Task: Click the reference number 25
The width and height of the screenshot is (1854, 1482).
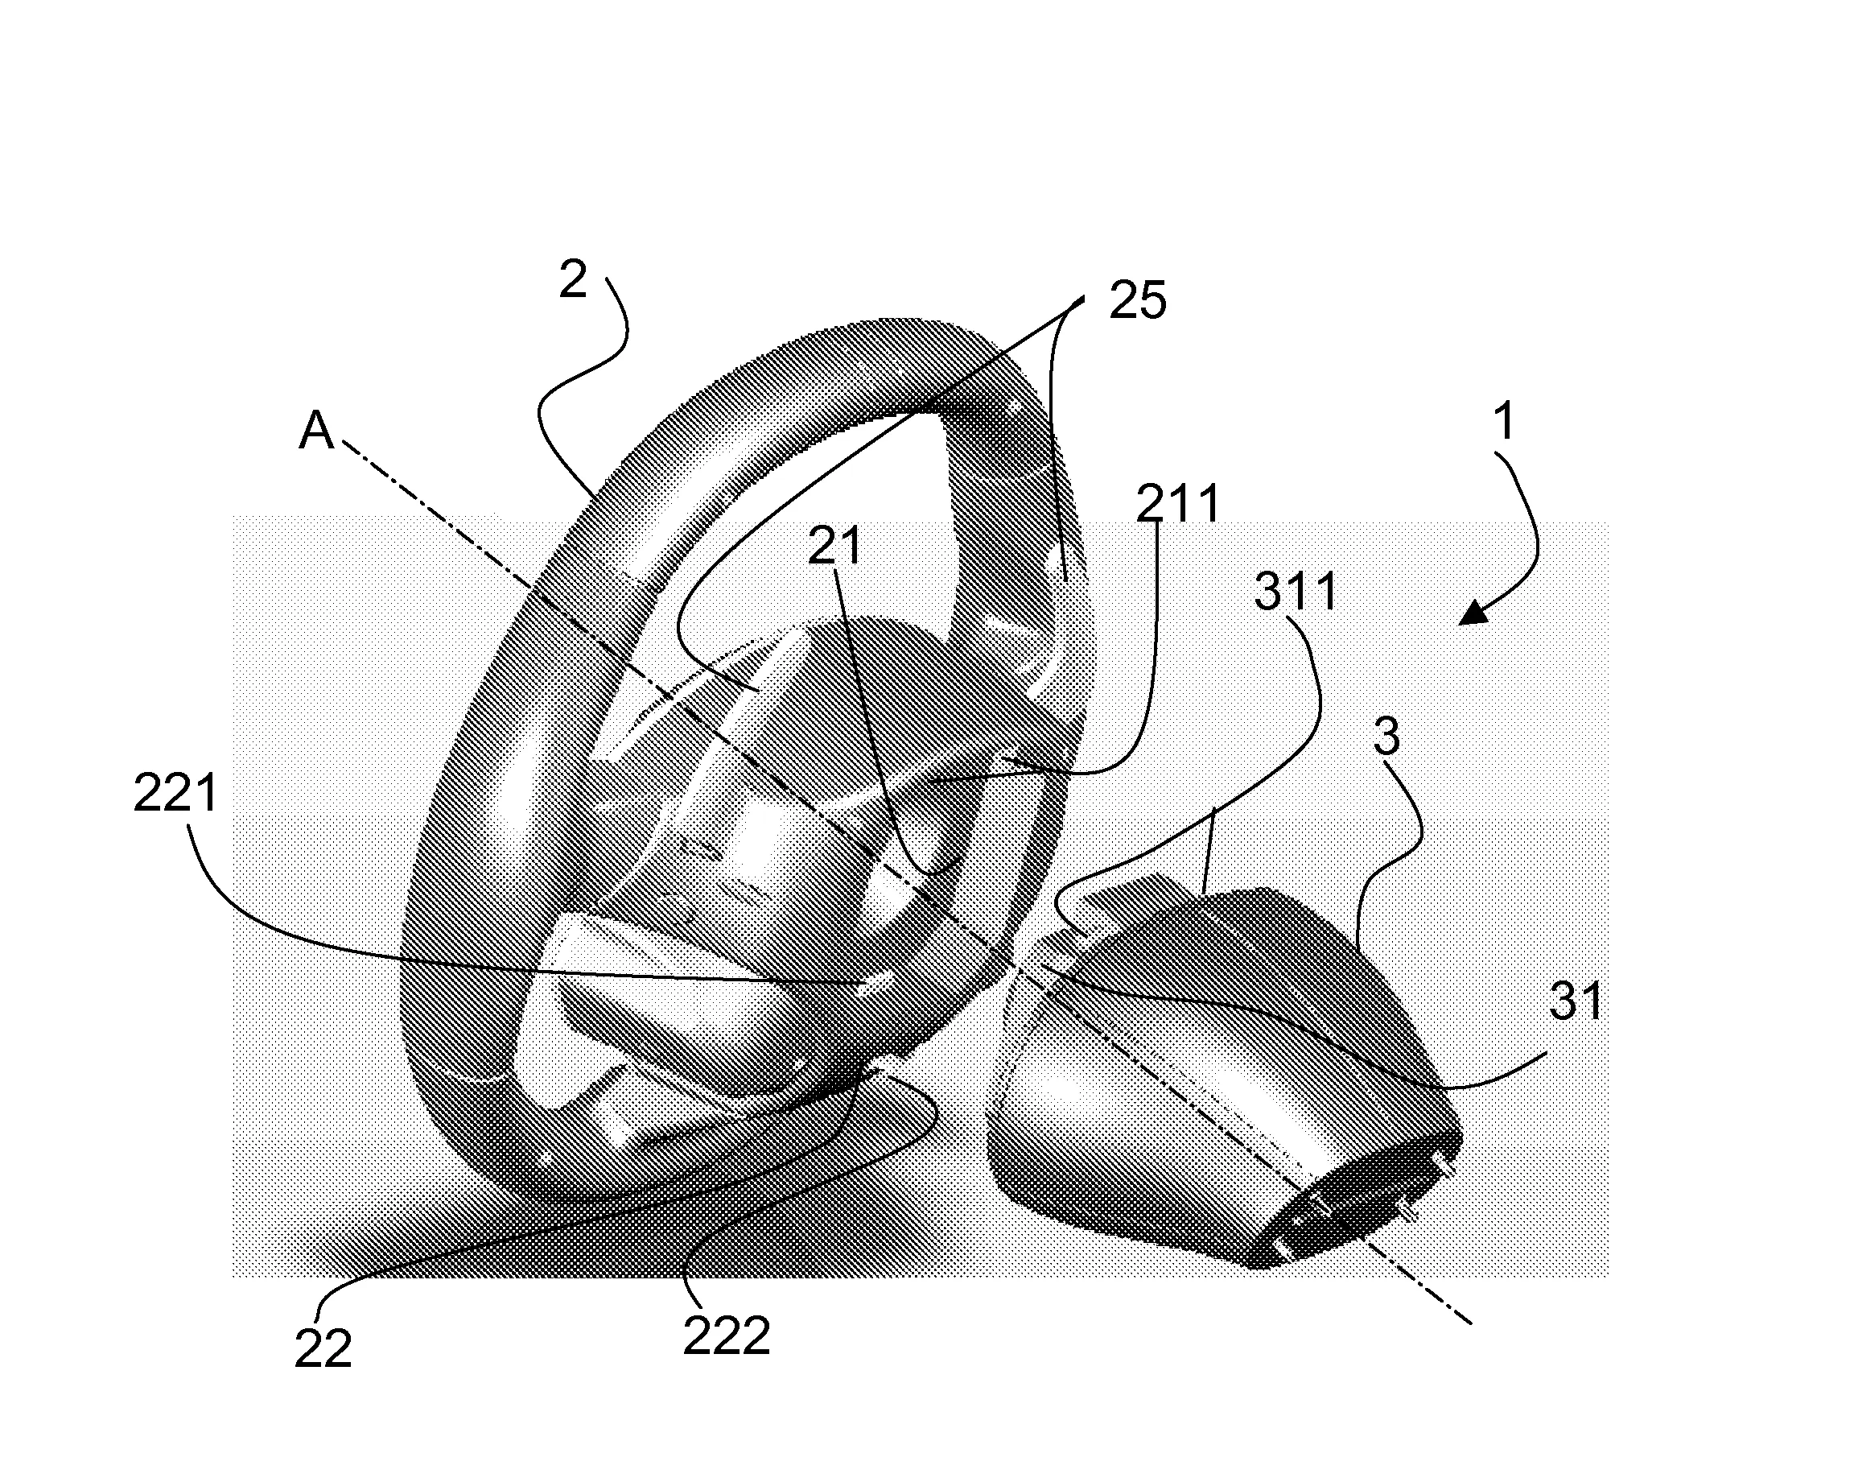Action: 1137,301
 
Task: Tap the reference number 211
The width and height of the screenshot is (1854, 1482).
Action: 1178,504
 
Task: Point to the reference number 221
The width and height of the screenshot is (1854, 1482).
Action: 175,792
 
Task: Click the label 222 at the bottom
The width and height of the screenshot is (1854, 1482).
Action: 727,1336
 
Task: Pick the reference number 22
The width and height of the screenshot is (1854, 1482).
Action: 323,1348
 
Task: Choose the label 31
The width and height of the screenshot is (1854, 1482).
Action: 1576,1001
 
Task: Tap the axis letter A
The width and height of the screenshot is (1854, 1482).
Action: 315,430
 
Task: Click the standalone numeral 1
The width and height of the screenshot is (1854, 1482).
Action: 1504,423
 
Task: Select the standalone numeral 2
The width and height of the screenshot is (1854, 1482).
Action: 573,279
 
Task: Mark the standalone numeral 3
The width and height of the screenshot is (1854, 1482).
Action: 1387,737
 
